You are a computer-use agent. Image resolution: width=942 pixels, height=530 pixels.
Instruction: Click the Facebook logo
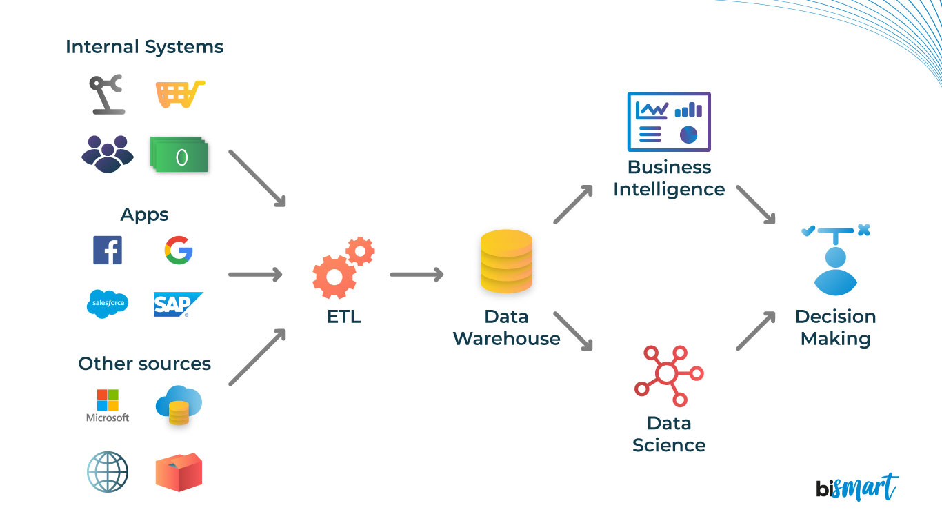tap(108, 250)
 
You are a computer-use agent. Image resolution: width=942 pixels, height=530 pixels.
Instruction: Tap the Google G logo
tap(179, 250)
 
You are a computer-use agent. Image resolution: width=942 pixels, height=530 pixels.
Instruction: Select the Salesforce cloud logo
tap(108, 304)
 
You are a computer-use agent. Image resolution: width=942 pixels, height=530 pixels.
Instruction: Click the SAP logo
tap(178, 304)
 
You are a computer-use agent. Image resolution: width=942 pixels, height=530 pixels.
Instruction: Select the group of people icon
tap(108, 153)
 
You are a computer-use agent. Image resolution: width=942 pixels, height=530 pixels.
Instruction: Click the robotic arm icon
tap(108, 94)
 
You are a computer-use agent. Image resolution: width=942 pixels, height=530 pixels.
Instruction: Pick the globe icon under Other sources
tap(108, 472)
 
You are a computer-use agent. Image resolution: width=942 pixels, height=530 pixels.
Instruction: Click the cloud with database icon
tap(179, 404)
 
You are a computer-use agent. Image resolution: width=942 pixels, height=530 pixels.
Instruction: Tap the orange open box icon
tap(179, 473)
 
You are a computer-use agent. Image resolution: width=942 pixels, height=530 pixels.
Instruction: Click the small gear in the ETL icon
tap(360, 251)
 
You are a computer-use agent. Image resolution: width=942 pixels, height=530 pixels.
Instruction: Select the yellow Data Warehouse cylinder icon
tap(506, 262)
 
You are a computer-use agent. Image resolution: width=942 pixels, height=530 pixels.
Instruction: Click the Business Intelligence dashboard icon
tap(668, 122)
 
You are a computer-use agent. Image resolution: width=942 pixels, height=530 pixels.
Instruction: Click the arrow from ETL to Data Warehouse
tap(416, 275)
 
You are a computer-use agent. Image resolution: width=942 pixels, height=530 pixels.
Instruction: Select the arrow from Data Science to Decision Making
tap(755, 331)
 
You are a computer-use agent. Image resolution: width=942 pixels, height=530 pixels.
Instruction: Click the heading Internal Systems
tap(144, 47)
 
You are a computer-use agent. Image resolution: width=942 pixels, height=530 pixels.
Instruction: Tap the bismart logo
tap(856, 487)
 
